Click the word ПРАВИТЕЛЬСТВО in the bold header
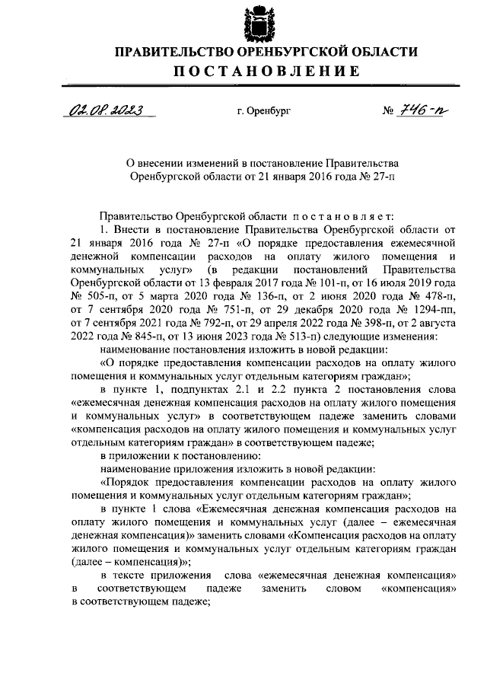(x=171, y=52)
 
